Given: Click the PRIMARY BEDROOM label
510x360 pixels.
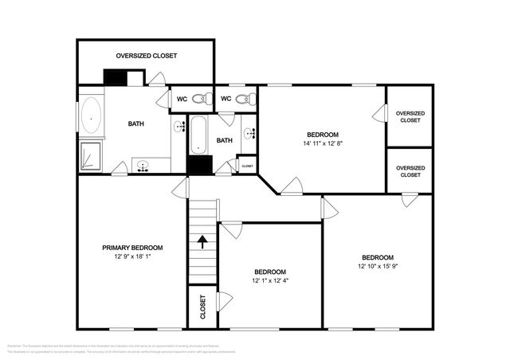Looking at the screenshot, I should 132,248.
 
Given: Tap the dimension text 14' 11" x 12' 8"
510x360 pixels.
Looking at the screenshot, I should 323,144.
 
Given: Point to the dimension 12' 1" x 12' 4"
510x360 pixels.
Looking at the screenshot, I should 270,280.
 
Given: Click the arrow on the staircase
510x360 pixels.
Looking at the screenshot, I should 203,241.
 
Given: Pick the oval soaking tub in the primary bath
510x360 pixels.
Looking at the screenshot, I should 90,118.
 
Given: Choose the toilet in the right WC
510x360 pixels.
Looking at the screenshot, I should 249,99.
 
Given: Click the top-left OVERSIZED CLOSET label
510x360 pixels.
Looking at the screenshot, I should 146,56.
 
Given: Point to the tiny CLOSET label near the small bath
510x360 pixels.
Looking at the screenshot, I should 247,166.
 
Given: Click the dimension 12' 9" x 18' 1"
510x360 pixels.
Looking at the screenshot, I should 132,256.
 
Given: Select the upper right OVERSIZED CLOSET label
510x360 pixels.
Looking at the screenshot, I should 410,117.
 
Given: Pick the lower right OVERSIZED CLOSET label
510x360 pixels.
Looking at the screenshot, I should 410,171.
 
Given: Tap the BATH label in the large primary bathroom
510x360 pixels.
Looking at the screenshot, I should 136,123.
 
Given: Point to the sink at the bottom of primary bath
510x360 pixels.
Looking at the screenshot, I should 143,166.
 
